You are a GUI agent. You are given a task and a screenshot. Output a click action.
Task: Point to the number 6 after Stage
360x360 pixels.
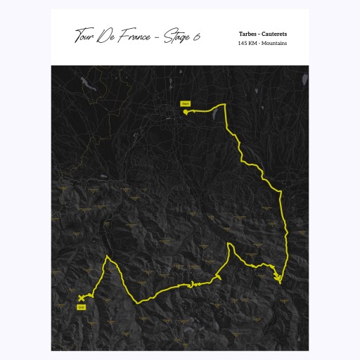pyautogui.click(x=195, y=37)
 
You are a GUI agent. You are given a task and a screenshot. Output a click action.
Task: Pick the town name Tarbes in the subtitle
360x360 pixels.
pyautogui.click(x=249, y=34)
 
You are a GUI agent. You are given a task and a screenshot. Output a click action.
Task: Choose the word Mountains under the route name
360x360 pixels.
pyautogui.click(x=276, y=43)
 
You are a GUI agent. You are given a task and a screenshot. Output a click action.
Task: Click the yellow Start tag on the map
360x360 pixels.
pyautogui.click(x=186, y=103)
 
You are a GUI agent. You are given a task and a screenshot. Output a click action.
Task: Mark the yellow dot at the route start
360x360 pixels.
pyautogui.click(x=186, y=110)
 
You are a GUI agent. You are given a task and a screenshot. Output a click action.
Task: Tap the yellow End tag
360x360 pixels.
pyautogui.click(x=82, y=307)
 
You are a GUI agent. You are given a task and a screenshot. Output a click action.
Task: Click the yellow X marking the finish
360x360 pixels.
pyautogui.click(x=82, y=299)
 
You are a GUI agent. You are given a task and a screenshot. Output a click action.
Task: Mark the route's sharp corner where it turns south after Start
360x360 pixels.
pyautogui.click(x=224, y=105)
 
